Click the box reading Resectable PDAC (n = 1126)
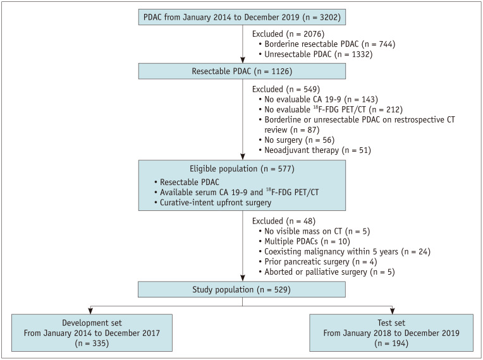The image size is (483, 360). [241, 71]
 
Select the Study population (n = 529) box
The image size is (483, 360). [241, 289]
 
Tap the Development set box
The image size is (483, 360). [92, 333]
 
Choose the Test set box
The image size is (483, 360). [391, 333]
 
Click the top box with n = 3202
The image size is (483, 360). [241, 17]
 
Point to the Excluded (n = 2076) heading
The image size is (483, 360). [288, 34]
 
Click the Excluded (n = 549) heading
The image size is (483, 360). [286, 89]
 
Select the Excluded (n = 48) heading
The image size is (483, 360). [284, 221]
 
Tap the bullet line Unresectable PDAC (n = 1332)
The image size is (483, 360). [315, 54]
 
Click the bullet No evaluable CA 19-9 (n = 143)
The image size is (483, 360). [318, 99]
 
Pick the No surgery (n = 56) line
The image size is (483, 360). [297, 140]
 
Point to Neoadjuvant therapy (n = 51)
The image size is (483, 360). [315, 150]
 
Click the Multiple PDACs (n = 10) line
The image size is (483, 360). [304, 241]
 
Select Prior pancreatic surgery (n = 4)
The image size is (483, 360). [318, 261]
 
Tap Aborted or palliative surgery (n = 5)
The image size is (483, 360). [327, 272]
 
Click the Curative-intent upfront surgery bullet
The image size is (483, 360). [213, 203]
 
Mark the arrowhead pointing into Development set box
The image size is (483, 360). [90, 311]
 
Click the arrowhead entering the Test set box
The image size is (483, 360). [392, 311]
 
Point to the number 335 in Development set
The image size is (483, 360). [99, 343]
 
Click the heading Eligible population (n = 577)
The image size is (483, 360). [241, 169]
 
